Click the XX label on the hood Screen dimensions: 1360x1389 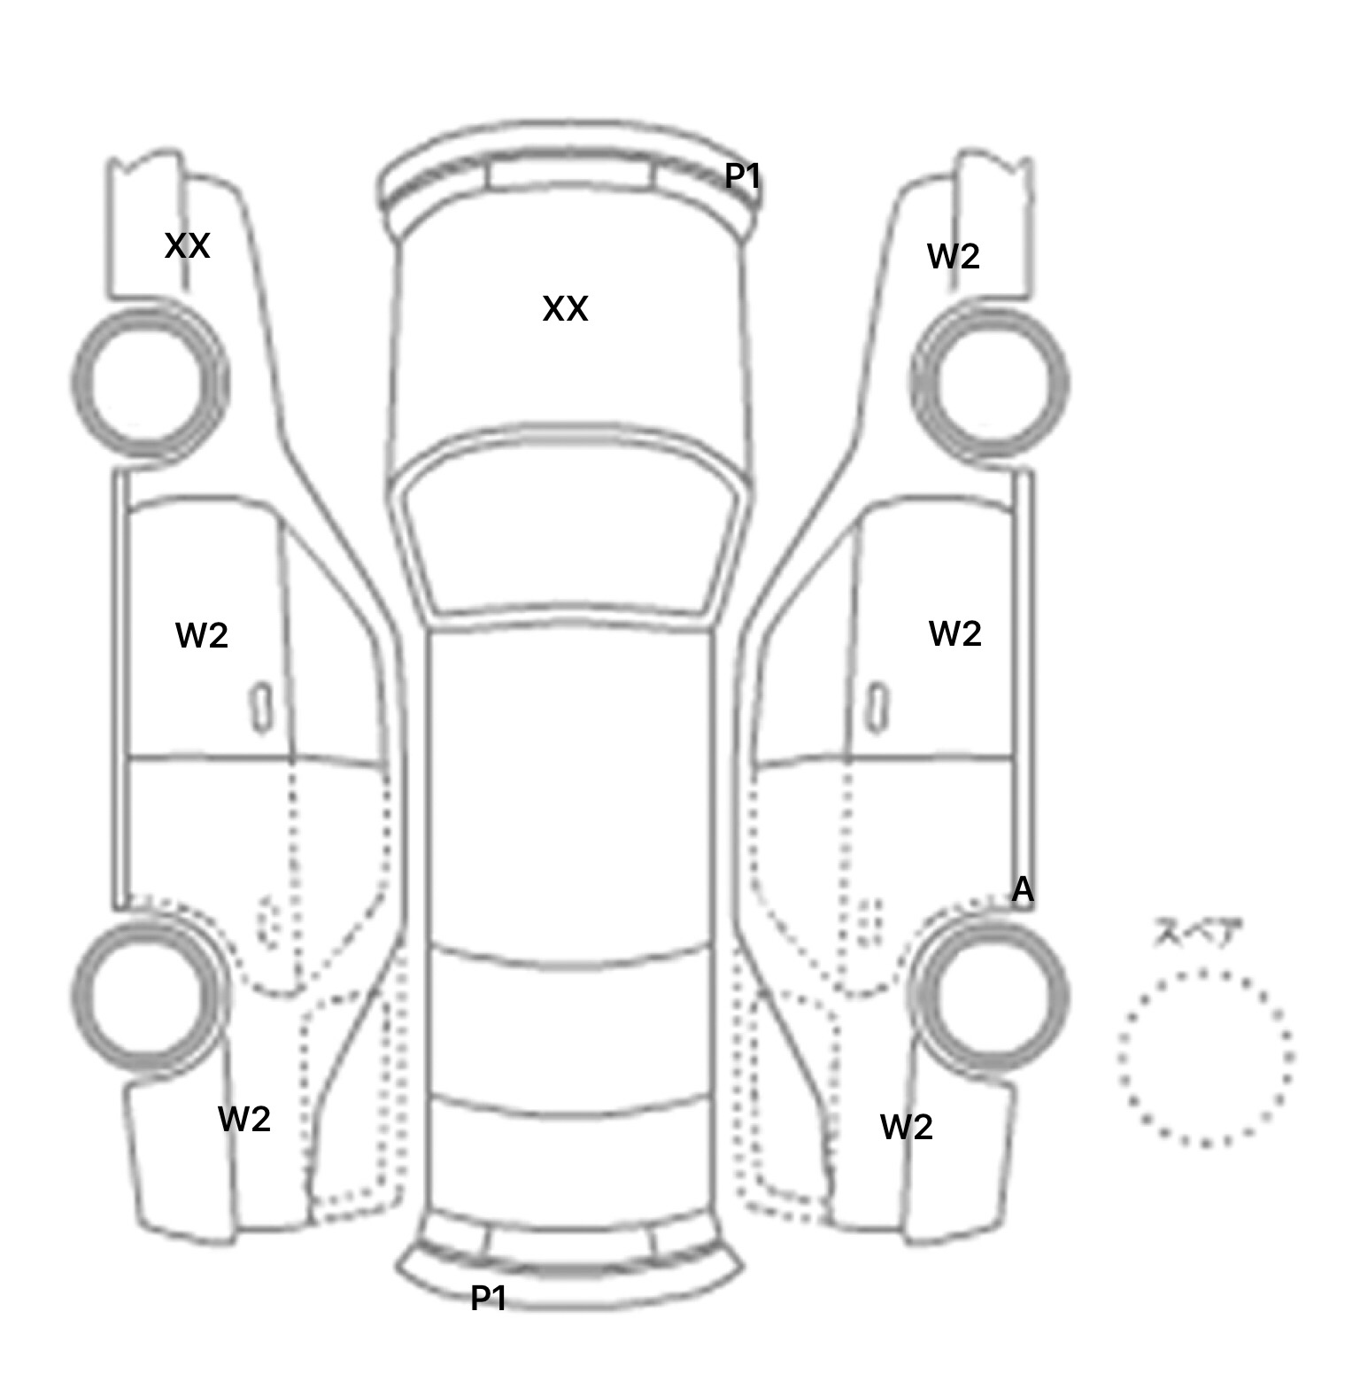click(x=565, y=309)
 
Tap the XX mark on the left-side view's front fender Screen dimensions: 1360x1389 click(x=188, y=245)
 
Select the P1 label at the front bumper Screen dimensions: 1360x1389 click(x=743, y=176)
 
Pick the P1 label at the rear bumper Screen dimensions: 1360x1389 click(x=489, y=1298)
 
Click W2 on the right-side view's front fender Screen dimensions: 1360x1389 click(x=954, y=257)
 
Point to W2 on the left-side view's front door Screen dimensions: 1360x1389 click(x=202, y=635)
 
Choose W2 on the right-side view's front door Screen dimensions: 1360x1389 click(x=955, y=633)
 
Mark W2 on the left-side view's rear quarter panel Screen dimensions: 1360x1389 click(x=244, y=1119)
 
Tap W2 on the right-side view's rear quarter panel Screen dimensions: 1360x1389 click(x=907, y=1127)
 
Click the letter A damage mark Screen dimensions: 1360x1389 click(x=1023, y=889)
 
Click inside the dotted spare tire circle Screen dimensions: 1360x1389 click(x=1205, y=1058)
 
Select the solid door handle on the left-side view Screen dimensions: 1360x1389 click(x=261, y=708)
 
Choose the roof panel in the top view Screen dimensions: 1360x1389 click(x=570, y=788)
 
